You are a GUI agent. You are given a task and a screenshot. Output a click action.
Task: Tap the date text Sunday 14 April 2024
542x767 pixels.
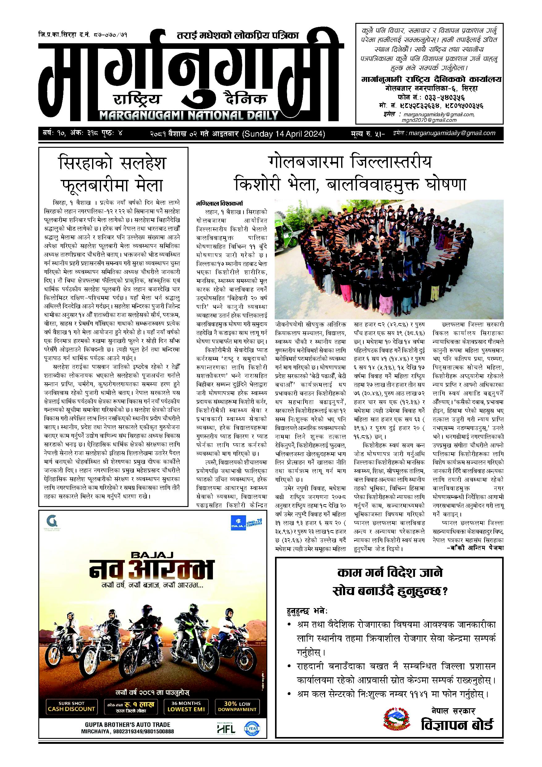pos(284,134)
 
